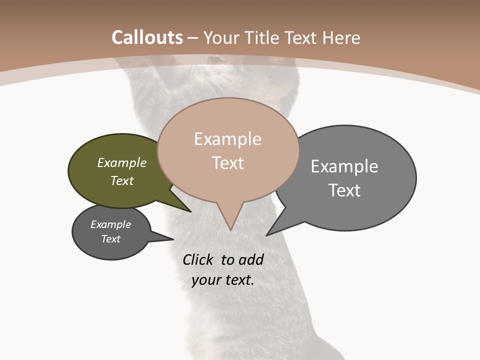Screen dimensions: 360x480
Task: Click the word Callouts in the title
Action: (x=147, y=37)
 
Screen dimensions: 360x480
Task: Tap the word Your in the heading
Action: (x=222, y=38)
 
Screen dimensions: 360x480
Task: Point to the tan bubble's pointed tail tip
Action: (x=230, y=229)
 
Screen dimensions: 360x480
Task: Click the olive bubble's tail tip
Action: (x=190, y=211)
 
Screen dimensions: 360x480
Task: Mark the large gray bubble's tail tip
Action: (x=267, y=235)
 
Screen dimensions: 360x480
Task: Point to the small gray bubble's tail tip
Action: (x=173, y=239)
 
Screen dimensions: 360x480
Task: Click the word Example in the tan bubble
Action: (x=228, y=139)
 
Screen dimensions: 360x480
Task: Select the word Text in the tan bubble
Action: (x=228, y=163)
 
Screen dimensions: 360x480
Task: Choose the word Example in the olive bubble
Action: (x=122, y=162)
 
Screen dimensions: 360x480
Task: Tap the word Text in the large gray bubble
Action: (x=344, y=190)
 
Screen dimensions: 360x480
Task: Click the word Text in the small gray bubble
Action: (x=111, y=239)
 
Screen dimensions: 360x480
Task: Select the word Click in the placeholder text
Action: (x=197, y=259)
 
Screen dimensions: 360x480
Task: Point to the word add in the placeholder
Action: (x=251, y=259)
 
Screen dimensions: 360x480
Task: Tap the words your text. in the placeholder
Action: (x=223, y=280)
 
